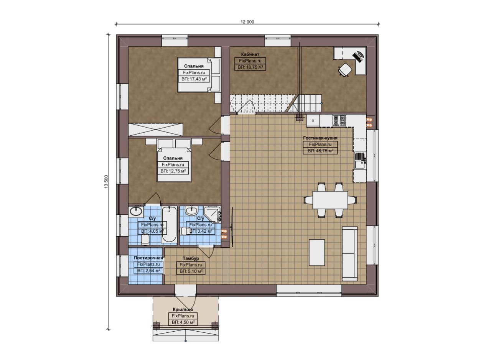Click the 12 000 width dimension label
pos(247,22)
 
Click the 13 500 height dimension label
pos(106,182)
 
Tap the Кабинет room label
pos(250,54)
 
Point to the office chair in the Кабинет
pos(345,70)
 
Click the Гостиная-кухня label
pos(320,138)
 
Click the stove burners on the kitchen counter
pos(339,120)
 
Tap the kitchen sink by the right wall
pos(360,161)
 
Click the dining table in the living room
pos(330,200)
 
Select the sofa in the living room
pos(350,253)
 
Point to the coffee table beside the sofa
pos(317,252)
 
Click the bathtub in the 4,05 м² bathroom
pos(169,224)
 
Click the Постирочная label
pos(148,258)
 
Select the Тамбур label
pos(191,258)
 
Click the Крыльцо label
pos(183,309)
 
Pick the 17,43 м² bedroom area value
pos(194,79)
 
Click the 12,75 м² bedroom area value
pos(173,171)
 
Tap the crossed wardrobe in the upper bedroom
pos(155,130)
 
